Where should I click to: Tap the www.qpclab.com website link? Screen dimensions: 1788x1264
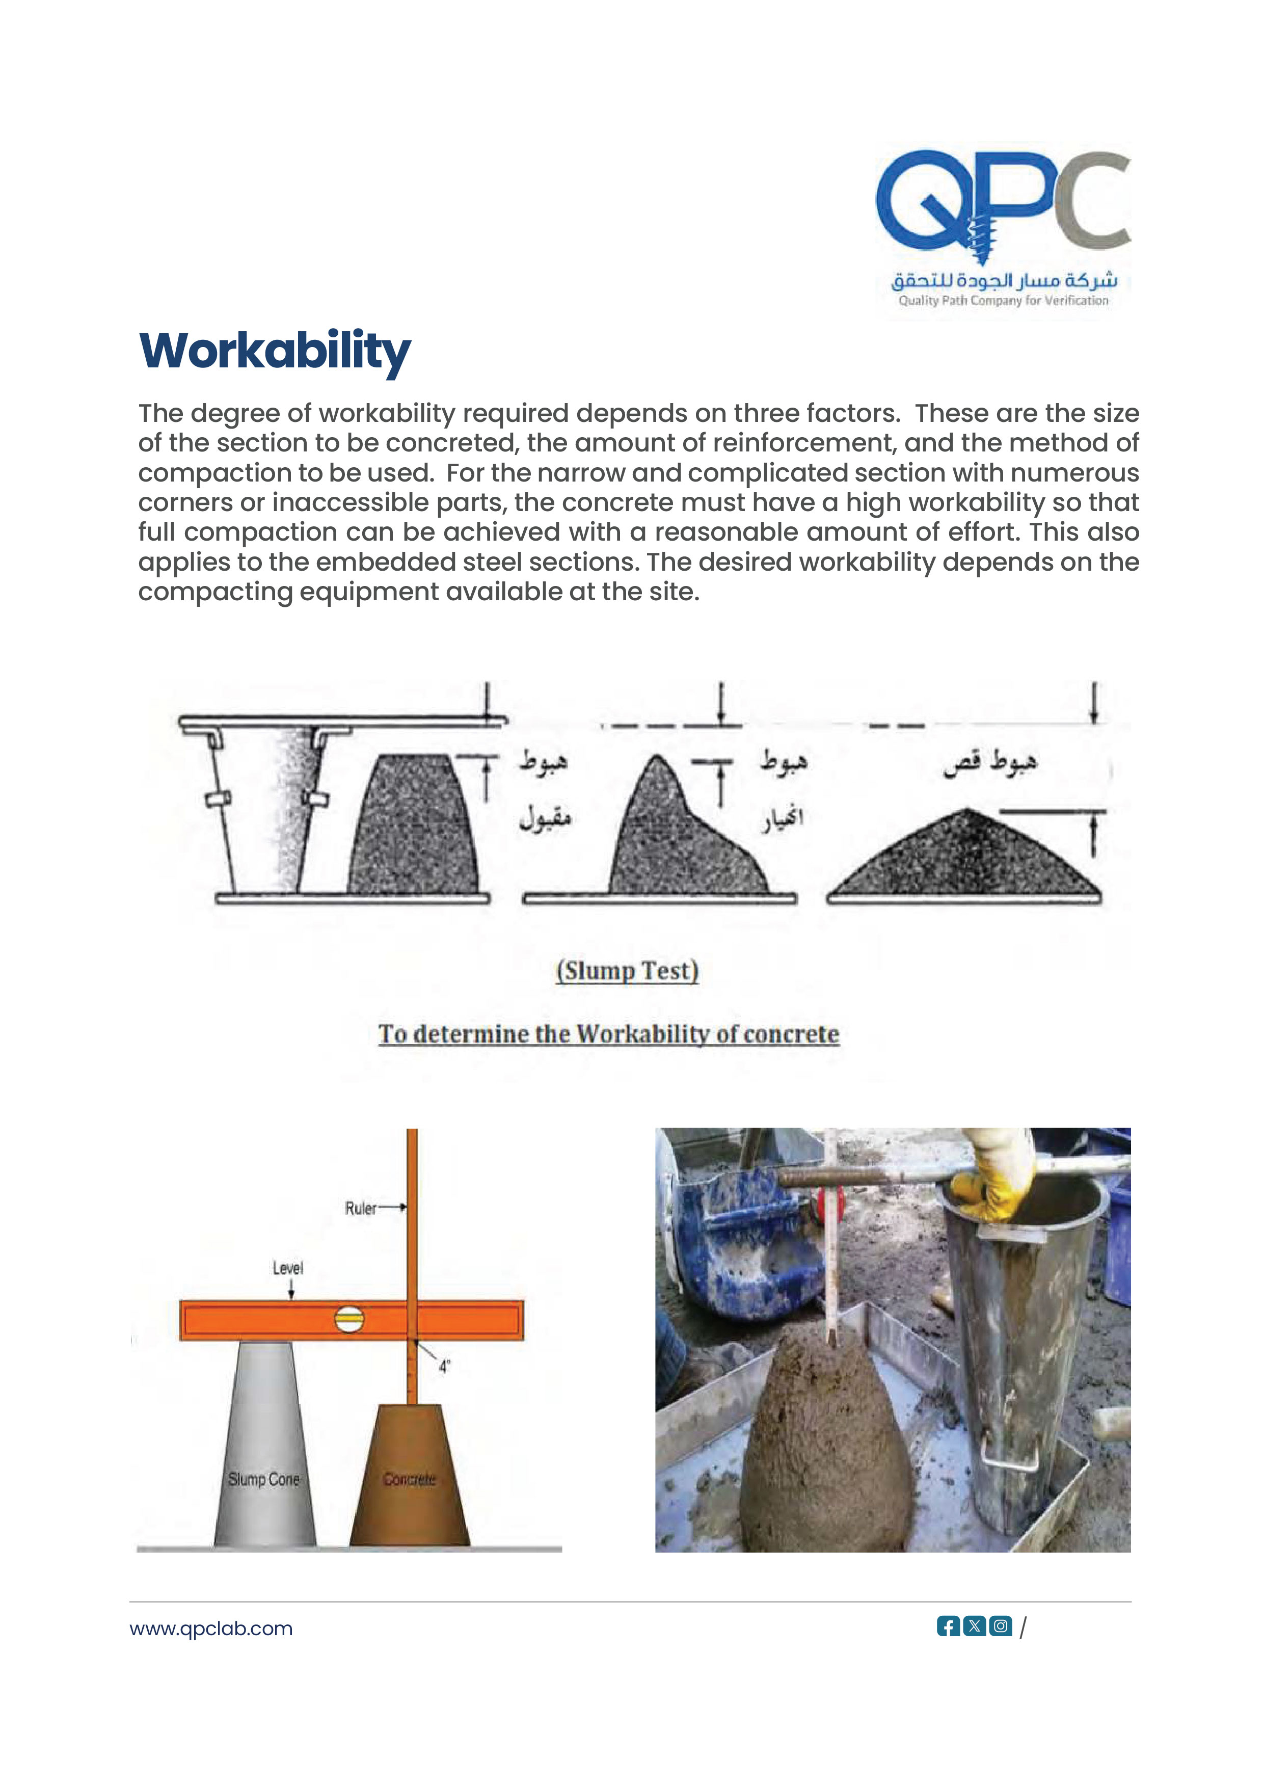(211, 1629)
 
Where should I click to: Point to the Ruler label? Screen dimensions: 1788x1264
(361, 1208)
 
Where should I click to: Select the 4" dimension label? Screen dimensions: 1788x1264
(445, 1366)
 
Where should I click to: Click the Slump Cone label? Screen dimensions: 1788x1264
(263, 1479)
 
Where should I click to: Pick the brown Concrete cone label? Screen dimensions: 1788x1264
(409, 1479)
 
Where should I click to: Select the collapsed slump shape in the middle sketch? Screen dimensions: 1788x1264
(678, 841)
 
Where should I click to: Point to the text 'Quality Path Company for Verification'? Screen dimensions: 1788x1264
(1003, 301)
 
